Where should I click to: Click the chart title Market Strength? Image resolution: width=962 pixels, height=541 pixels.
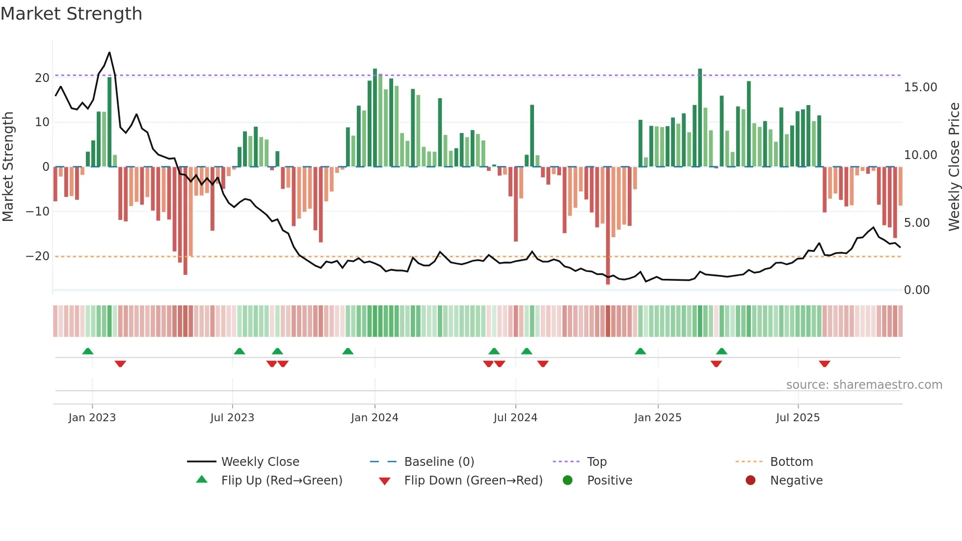point(71,14)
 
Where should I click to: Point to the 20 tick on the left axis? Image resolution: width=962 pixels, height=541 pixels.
point(42,78)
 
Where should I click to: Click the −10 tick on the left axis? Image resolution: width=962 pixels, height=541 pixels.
point(38,212)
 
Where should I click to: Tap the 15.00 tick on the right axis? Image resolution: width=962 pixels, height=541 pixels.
point(920,87)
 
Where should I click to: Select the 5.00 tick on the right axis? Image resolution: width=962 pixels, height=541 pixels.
point(917,223)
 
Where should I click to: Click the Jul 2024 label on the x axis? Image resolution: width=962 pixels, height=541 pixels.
point(515,418)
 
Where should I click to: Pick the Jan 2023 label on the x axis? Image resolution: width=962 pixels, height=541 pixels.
point(92,418)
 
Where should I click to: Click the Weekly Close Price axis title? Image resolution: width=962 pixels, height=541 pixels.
point(954,167)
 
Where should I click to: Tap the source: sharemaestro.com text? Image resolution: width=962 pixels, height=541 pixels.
point(864,385)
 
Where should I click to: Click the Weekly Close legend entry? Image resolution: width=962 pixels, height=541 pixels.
point(260,462)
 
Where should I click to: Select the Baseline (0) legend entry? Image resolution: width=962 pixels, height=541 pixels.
point(439,462)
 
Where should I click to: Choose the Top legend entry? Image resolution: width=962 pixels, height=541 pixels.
point(597,462)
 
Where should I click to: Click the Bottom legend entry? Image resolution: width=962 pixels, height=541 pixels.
point(791,462)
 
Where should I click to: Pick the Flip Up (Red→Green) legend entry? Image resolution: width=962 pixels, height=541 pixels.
point(281,481)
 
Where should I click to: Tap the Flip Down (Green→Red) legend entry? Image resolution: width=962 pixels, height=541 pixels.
point(473,481)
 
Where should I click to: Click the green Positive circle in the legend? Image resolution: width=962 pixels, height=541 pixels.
point(568,481)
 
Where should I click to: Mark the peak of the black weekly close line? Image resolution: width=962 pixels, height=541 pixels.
point(109,53)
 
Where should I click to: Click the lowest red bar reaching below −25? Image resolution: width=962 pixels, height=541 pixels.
point(608,282)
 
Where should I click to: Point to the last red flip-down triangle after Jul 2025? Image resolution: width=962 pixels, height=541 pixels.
point(825,364)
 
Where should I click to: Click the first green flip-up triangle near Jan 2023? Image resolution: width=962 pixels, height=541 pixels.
point(88,351)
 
